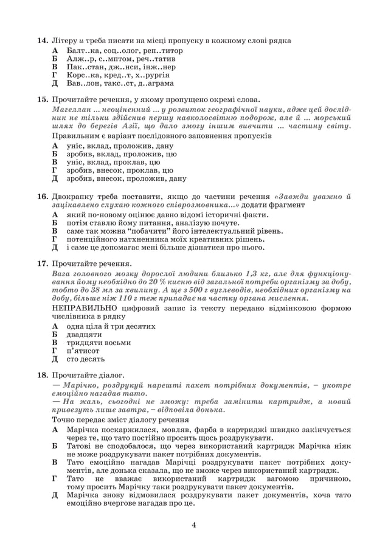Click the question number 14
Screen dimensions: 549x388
[42, 40]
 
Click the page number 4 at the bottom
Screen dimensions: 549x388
[193, 524]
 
